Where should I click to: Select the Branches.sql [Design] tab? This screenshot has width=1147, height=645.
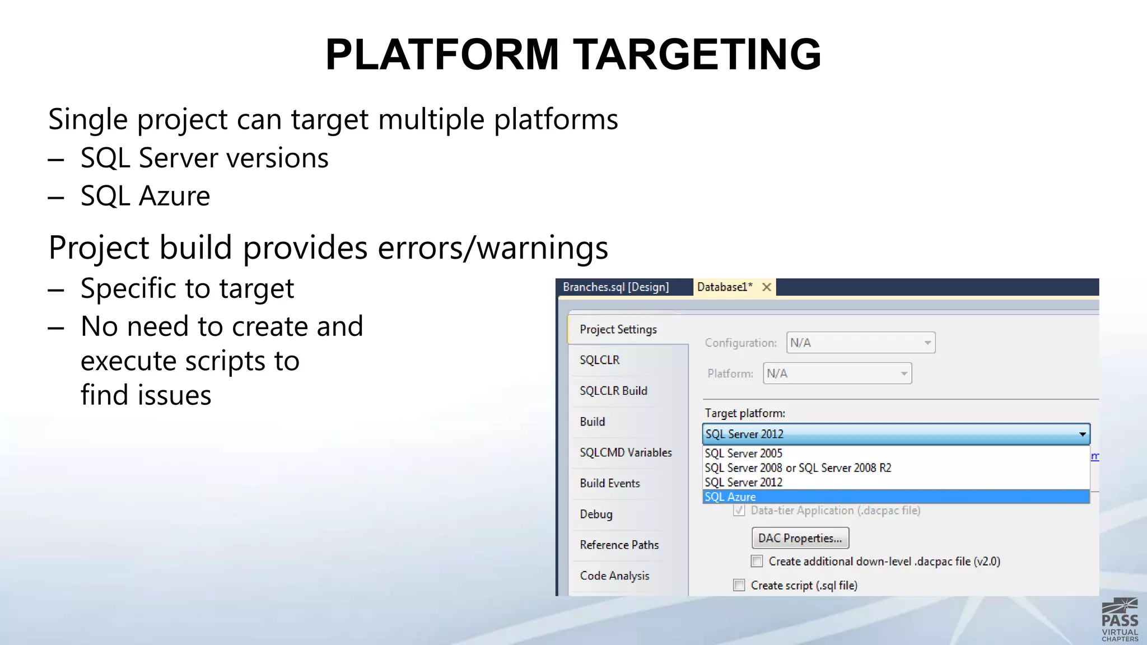[616, 287]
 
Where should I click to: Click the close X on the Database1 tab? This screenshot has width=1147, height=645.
[767, 287]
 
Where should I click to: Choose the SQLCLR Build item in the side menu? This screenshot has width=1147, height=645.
[613, 391]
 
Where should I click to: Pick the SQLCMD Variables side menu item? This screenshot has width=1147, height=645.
[626, 452]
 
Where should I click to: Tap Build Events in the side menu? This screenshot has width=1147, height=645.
[609, 483]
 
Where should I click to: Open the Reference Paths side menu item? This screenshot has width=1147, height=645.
[619, 545]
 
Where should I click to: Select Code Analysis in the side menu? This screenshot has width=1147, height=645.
[614, 576]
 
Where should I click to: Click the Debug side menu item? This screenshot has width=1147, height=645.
[596, 514]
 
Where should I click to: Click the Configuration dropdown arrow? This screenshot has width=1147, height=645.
[927, 343]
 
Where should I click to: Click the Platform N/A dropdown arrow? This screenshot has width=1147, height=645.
[904, 373]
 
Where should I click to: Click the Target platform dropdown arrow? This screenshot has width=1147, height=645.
[1082, 434]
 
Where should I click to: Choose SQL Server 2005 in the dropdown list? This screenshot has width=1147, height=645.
[743, 454]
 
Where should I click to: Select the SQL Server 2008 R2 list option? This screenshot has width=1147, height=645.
[798, 468]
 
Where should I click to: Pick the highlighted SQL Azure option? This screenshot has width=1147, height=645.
[730, 497]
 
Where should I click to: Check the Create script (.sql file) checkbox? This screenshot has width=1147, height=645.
[739, 585]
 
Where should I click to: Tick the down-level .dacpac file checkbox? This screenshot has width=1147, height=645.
[757, 561]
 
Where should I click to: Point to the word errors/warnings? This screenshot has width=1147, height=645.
[493, 247]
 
